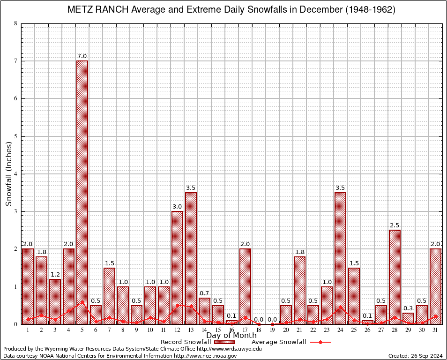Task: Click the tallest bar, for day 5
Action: [x=82, y=192]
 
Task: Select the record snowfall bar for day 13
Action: [x=191, y=258]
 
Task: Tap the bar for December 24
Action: [x=340, y=258]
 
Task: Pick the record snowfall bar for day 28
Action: [x=395, y=277]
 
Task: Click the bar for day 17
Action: [x=245, y=286]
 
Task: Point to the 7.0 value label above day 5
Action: [x=82, y=57]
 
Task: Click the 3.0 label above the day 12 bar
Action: [x=177, y=207]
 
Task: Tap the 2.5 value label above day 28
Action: [x=395, y=225]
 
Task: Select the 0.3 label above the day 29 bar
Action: [x=408, y=308]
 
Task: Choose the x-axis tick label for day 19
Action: [x=272, y=330]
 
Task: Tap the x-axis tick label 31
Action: [x=435, y=330]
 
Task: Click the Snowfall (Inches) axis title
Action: [x=8, y=174]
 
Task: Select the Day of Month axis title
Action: [x=231, y=336]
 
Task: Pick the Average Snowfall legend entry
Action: [x=291, y=342]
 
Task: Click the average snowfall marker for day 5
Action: [x=82, y=302]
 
